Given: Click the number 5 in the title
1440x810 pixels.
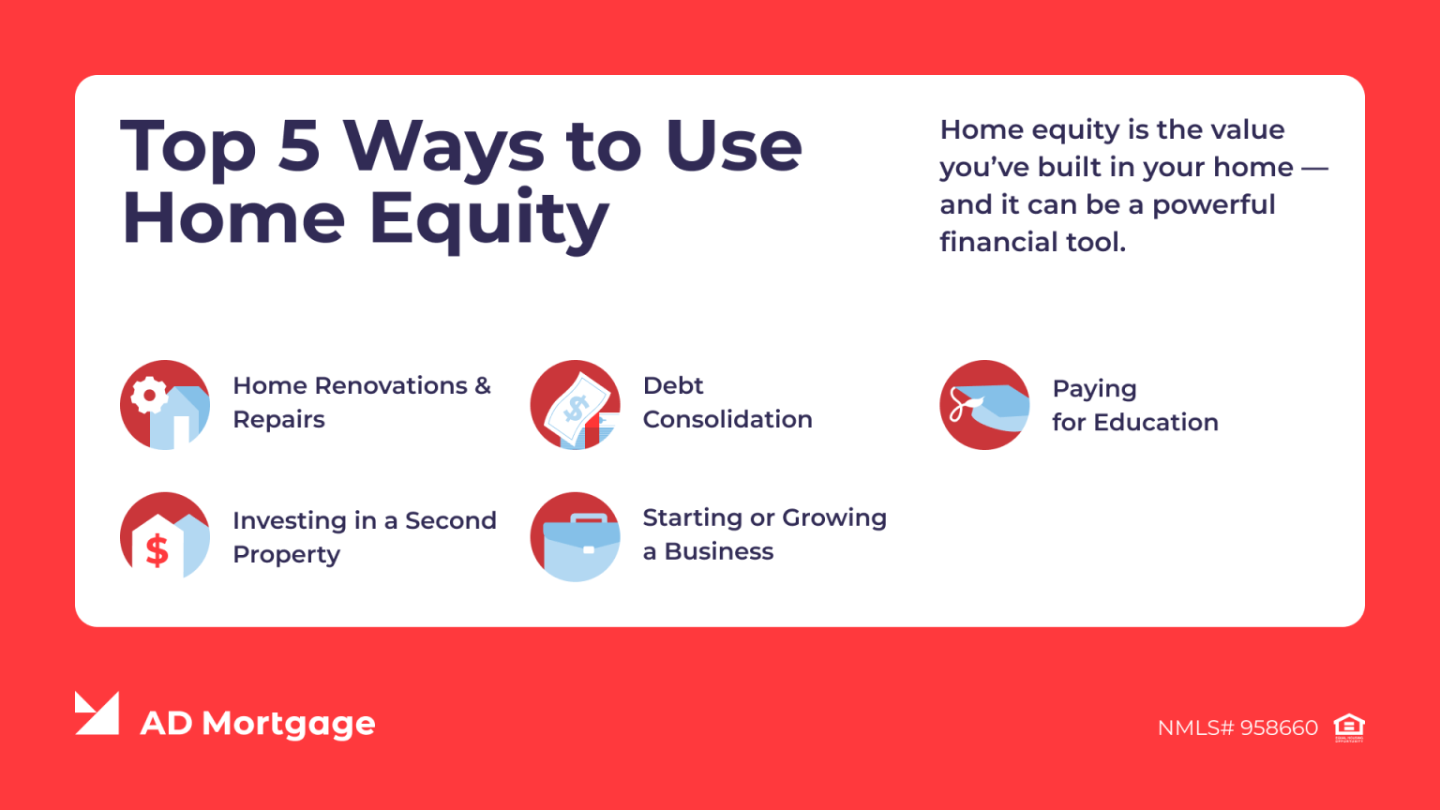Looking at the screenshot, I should [x=299, y=146].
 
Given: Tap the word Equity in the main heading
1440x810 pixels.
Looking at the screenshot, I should [x=488, y=219].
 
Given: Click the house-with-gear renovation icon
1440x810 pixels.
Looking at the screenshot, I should [x=165, y=405].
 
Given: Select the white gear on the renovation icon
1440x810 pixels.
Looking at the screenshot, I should [x=149, y=395].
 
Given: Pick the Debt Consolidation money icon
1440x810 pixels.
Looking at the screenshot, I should [x=575, y=405].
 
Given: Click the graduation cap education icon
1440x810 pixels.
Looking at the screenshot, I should [x=984, y=405].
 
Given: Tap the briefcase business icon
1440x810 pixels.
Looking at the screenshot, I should [x=575, y=537].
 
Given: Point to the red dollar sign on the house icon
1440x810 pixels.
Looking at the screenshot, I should [x=157, y=550].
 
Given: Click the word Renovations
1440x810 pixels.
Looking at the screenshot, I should [x=391, y=385].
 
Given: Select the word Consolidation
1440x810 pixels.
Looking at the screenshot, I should [x=727, y=419].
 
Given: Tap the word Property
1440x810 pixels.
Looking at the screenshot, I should [x=286, y=555].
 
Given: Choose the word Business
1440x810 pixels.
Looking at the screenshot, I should [x=719, y=551].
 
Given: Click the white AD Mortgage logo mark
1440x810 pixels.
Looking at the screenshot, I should [x=97, y=713].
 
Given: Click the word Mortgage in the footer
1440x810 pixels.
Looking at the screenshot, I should [x=289, y=724].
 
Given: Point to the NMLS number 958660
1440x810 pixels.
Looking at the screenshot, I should [x=1279, y=727].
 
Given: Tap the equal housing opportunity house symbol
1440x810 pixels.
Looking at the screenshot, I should [x=1349, y=727].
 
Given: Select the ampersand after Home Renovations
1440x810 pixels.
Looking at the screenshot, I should [x=482, y=385].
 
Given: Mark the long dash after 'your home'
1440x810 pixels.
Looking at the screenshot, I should [x=1314, y=168].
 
